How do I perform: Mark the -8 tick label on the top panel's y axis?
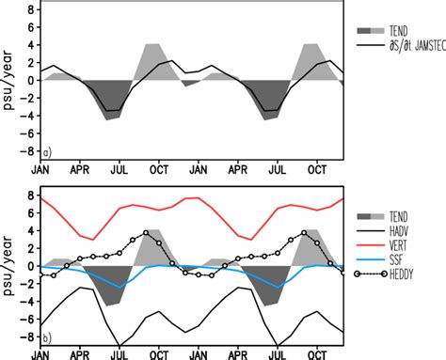click(27, 151)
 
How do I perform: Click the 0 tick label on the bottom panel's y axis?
click(30, 266)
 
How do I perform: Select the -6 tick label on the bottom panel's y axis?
click(27, 320)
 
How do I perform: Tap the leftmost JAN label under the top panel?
click(42, 173)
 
